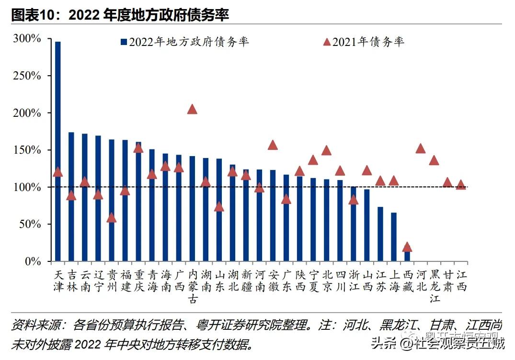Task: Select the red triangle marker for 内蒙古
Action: pos(192,109)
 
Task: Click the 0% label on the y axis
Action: pos(34,261)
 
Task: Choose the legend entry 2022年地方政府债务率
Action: pos(184,42)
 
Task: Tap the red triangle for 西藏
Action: pos(407,247)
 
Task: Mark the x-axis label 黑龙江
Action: pos(435,286)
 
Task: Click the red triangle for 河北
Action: pos(421,148)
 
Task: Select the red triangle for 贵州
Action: pos(112,218)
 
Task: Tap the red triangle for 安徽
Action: pos(273,145)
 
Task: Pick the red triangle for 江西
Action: pos(461,185)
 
